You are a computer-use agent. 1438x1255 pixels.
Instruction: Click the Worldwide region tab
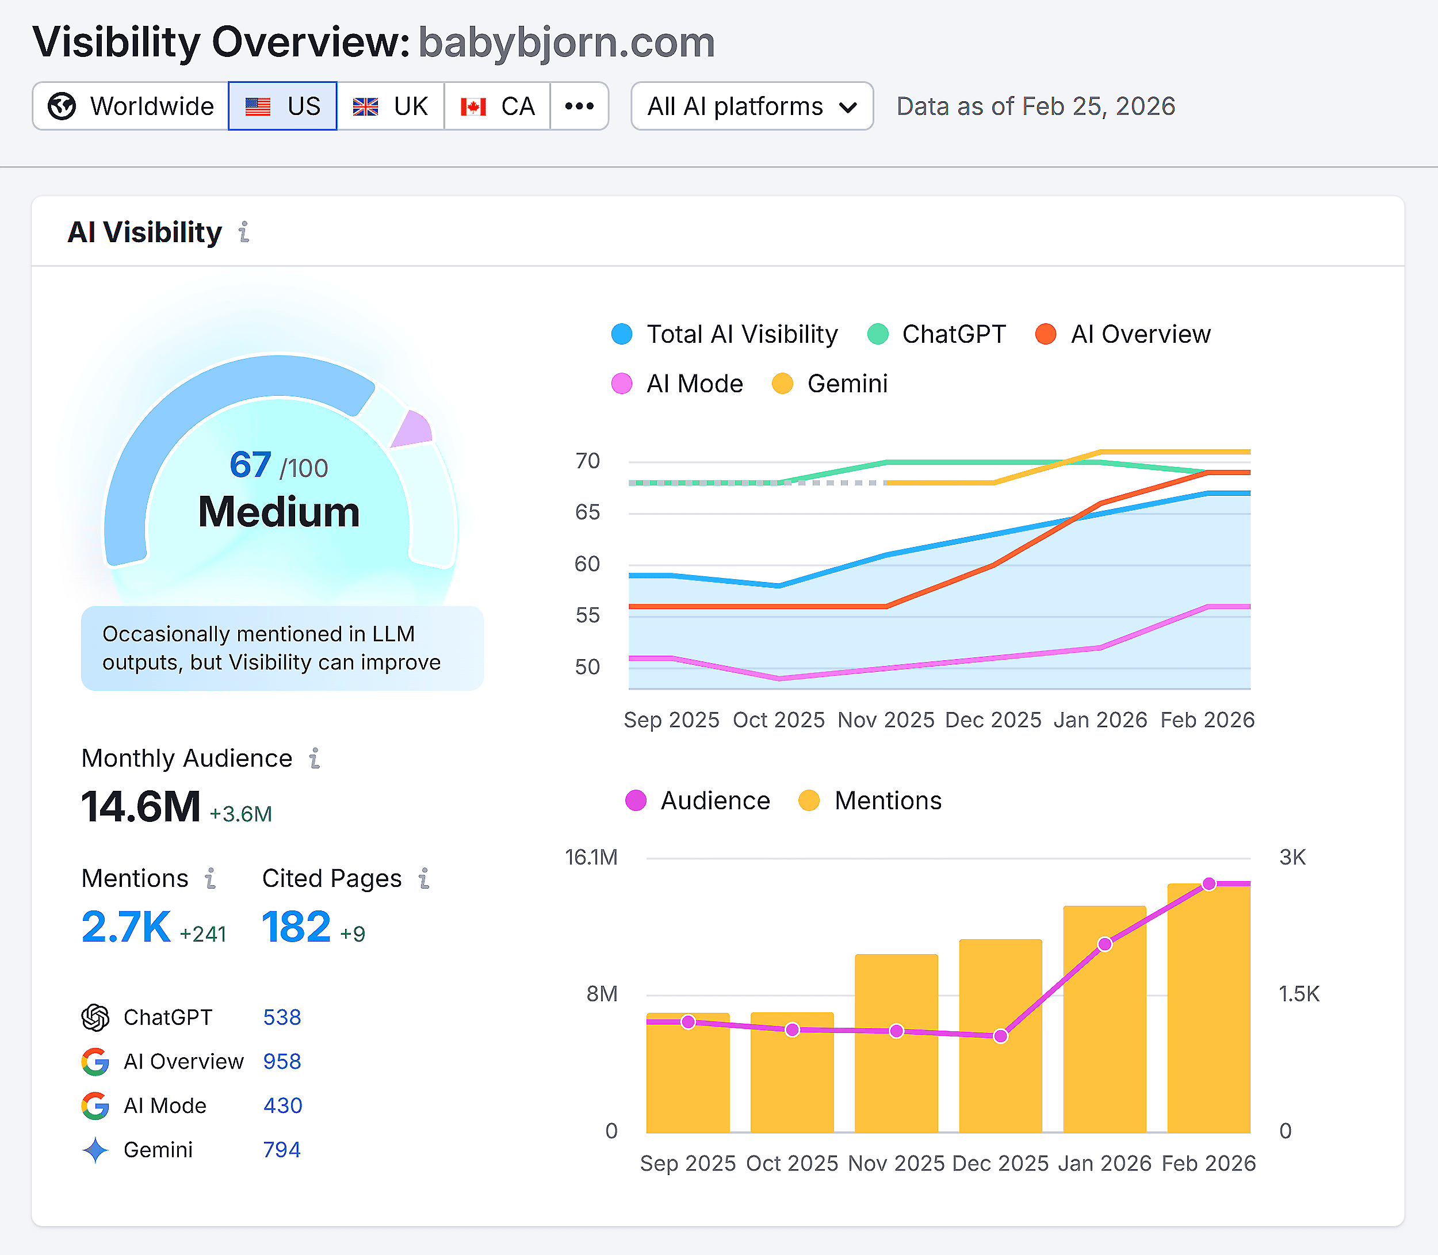[x=131, y=106]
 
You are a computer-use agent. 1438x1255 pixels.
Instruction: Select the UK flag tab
[x=390, y=106]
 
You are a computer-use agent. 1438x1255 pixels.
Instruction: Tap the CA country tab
[x=498, y=106]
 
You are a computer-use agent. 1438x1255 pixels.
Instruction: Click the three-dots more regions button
[x=579, y=106]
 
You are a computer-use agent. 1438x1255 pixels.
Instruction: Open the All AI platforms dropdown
[x=752, y=106]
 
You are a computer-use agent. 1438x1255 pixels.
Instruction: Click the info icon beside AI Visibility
[x=244, y=232]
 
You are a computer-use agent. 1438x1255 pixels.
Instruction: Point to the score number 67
[x=250, y=465]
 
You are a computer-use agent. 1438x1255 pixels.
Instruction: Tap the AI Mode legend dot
[x=622, y=384]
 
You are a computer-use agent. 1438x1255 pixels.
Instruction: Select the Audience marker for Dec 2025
[x=1000, y=1036]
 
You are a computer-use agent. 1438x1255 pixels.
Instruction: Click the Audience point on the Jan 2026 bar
[x=1104, y=944]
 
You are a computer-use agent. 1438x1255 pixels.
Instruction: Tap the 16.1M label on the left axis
[x=591, y=857]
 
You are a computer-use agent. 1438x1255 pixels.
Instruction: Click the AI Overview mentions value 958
[x=282, y=1062]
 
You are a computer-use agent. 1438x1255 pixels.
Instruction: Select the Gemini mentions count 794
[x=282, y=1150]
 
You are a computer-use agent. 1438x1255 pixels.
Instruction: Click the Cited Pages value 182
[x=296, y=927]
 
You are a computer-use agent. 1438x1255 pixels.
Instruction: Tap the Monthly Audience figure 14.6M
[x=141, y=807]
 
